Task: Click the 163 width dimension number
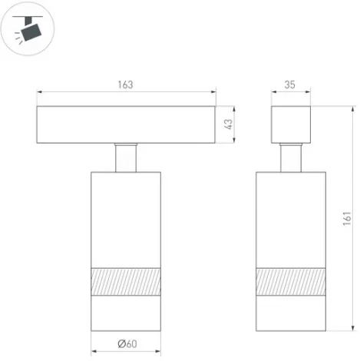pyautogui.click(x=127, y=85)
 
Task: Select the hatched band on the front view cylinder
pyautogui.click(x=127, y=280)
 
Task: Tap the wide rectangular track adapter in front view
pyautogui.click(x=127, y=124)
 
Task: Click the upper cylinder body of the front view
pyautogui.click(x=127, y=219)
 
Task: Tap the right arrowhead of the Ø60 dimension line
pyautogui.click(x=160, y=351)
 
